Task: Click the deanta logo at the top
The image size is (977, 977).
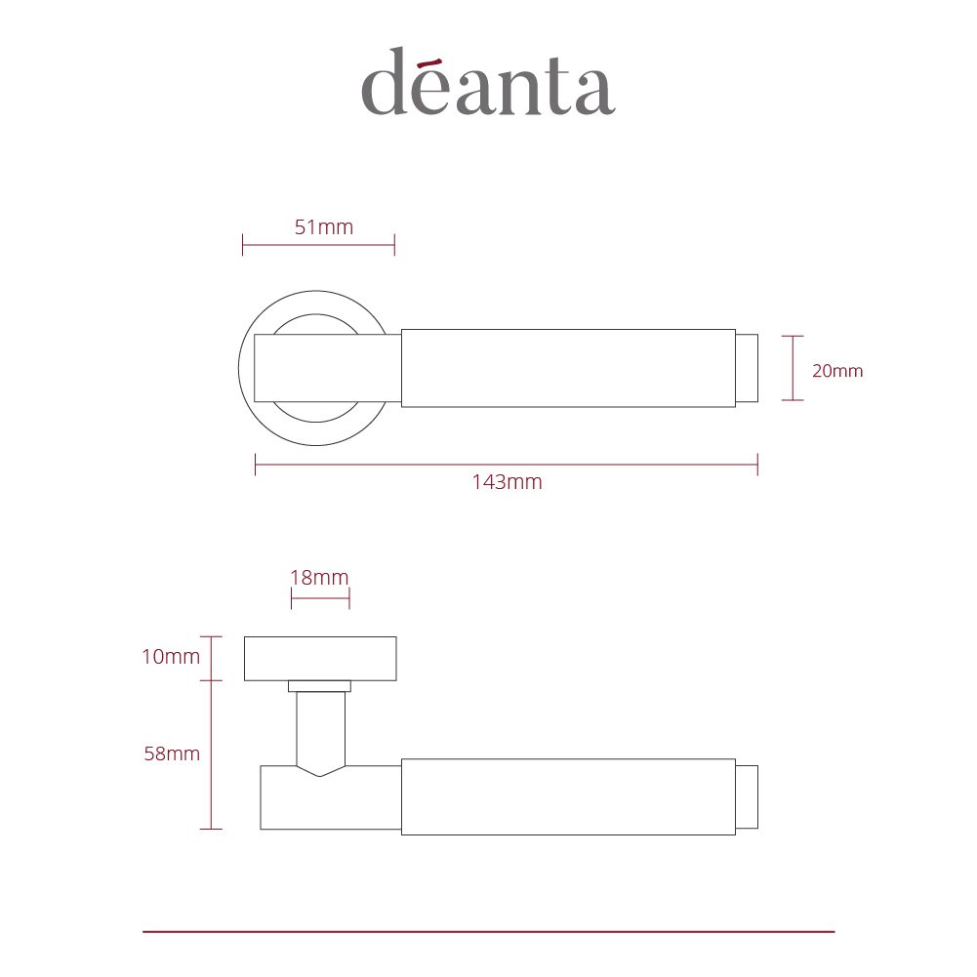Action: click(487, 82)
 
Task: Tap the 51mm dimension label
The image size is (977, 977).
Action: click(323, 227)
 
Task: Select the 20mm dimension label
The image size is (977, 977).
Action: click(837, 371)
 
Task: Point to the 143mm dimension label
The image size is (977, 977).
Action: click(506, 481)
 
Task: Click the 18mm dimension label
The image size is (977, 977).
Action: click(319, 577)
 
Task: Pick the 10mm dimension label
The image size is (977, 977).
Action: click(171, 657)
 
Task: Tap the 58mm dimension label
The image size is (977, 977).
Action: click(172, 753)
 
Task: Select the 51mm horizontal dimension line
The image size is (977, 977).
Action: click(318, 245)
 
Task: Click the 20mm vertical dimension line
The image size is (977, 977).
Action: click(794, 368)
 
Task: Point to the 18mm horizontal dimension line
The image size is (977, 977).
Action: click(319, 597)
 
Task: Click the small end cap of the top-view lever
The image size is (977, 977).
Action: click(747, 368)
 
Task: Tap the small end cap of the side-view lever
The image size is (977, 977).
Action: click(747, 796)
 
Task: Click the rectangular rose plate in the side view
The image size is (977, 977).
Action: click(320, 658)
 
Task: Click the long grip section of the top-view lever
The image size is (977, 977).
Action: click(568, 368)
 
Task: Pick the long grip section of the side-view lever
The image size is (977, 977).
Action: click(568, 796)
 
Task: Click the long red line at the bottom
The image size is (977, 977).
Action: click(488, 932)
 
